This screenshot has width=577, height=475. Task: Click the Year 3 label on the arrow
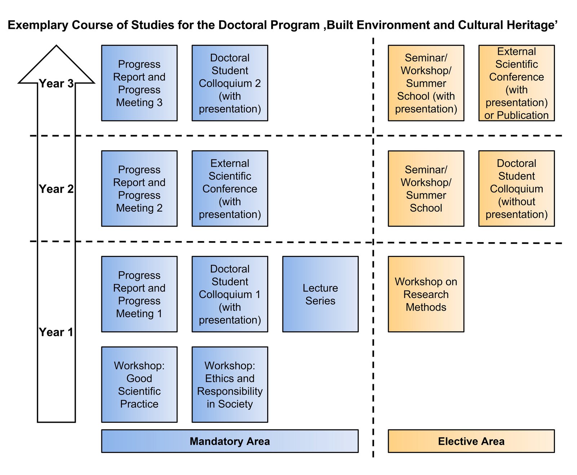click(56, 84)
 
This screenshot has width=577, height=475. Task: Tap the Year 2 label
click(56, 189)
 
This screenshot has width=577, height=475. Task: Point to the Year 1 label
click(56, 332)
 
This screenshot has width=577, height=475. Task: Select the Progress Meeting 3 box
click(139, 83)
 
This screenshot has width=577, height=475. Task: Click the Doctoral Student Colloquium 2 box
click(230, 83)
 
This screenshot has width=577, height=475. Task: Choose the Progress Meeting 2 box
click(139, 188)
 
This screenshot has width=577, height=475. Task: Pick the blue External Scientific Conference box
click(230, 188)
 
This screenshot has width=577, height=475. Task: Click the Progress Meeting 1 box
click(139, 294)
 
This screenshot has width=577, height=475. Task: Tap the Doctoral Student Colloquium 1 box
click(230, 294)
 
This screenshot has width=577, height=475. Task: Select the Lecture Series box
click(320, 294)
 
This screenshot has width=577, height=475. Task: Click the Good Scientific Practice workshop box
click(139, 385)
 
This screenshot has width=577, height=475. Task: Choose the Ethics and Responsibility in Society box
click(230, 385)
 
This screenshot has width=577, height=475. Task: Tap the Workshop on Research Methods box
click(426, 294)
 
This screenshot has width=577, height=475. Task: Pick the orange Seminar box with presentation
click(426, 83)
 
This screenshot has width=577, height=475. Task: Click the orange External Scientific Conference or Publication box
click(516, 83)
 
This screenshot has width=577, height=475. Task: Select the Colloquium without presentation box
click(516, 188)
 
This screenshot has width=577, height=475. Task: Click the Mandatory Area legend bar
click(230, 441)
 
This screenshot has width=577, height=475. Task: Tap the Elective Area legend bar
click(471, 441)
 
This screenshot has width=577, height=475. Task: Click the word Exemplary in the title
click(38, 25)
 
